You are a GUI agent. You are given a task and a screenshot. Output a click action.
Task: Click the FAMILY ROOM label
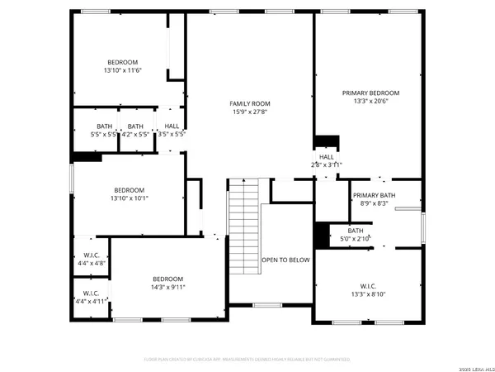click(x=250, y=103)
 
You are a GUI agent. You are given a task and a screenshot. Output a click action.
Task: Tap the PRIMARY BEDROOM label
click(x=370, y=93)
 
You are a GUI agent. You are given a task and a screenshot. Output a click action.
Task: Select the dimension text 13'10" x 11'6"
click(x=122, y=71)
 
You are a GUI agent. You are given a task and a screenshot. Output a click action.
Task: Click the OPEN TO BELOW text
click(x=286, y=260)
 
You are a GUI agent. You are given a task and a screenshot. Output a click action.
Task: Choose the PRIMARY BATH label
click(x=374, y=195)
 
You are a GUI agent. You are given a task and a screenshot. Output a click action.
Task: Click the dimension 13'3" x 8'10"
click(x=370, y=293)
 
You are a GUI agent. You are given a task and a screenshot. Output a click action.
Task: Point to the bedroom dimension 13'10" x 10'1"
click(x=129, y=198)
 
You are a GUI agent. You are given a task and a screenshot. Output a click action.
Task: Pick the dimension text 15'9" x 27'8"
click(x=250, y=112)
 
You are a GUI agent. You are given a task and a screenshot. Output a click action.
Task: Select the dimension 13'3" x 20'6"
click(x=370, y=102)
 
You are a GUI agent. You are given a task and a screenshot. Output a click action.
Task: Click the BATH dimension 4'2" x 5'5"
click(x=135, y=134)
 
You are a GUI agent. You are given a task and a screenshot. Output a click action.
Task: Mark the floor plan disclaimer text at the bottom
click(x=247, y=360)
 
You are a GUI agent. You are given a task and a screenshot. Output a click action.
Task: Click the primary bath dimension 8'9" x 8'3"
click(x=374, y=203)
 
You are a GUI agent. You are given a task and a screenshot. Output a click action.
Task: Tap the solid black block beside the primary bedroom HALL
click(x=328, y=141)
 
